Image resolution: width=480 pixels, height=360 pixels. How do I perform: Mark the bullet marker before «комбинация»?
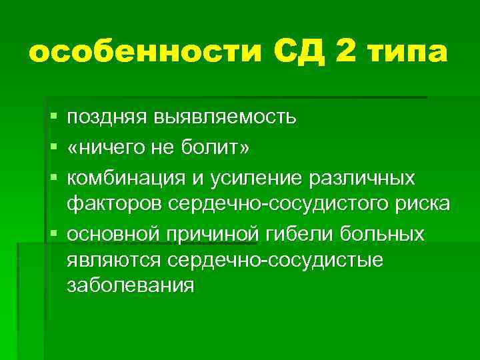(x=53, y=179)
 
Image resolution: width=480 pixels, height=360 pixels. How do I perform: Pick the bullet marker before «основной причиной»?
(x=53, y=236)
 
